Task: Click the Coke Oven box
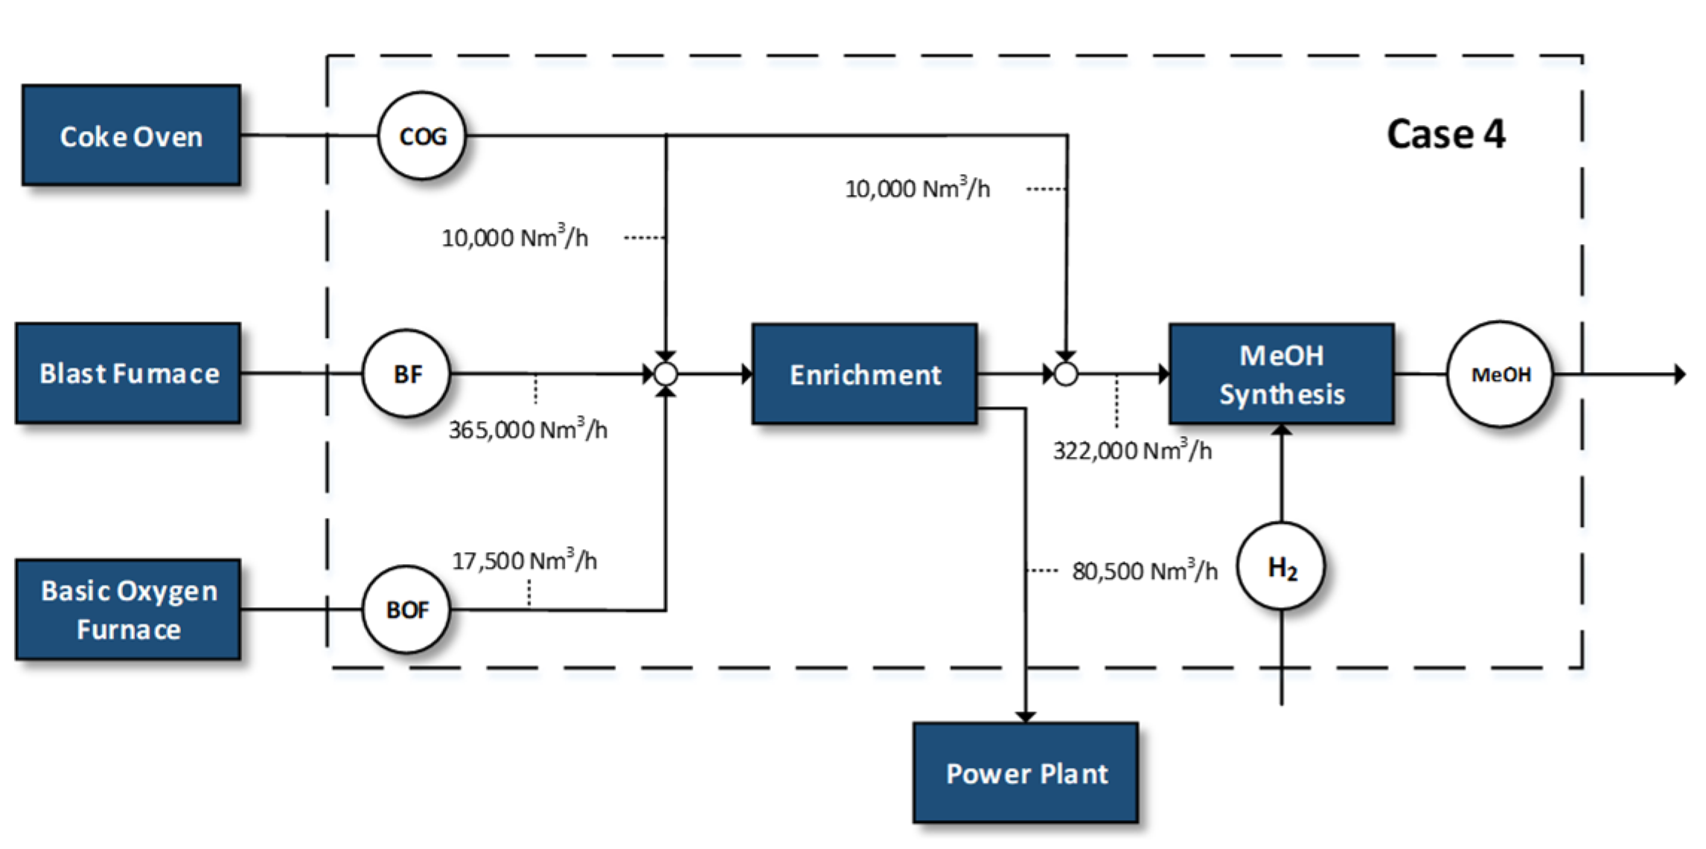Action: click(x=131, y=135)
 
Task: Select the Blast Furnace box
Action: click(x=128, y=373)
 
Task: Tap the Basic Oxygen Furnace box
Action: click(x=128, y=609)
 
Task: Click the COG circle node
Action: click(x=422, y=136)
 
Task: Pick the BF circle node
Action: click(x=406, y=373)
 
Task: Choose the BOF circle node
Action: click(x=406, y=609)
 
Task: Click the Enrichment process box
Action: click(x=864, y=374)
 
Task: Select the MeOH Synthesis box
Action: click(x=1281, y=374)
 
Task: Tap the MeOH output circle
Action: click(x=1500, y=374)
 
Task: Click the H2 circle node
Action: click(x=1281, y=567)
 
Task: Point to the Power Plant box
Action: click(x=1026, y=773)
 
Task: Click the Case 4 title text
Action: click(x=1445, y=135)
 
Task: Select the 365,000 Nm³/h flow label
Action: click(x=528, y=429)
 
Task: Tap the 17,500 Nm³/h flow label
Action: click(x=524, y=560)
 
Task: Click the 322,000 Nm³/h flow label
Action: click(x=1131, y=450)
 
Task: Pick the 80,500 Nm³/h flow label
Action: click(x=1144, y=571)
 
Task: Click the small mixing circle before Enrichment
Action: click(x=665, y=374)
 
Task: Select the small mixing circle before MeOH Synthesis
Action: click(x=1066, y=374)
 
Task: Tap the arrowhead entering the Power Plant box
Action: click(x=1026, y=717)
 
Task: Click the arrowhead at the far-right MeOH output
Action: click(x=1679, y=374)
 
